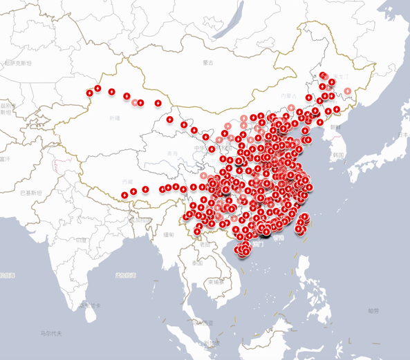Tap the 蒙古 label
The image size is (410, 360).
click(x=209, y=62)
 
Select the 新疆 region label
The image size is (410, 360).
click(x=114, y=118)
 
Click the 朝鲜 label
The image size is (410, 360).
click(x=335, y=126)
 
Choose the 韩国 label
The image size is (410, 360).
click(x=338, y=155)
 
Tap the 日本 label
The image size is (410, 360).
click(x=402, y=136)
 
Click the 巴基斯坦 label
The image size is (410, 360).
click(x=30, y=191)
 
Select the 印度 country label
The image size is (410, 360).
click(x=82, y=240)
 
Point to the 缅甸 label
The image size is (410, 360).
click(x=169, y=235)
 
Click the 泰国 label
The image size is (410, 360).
click(x=197, y=263)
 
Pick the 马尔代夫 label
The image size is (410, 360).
click(x=50, y=334)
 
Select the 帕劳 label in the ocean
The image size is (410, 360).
click(x=374, y=311)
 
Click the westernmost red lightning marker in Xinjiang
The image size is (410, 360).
click(x=90, y=93)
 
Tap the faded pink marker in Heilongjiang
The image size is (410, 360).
click(x=348, y=91)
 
